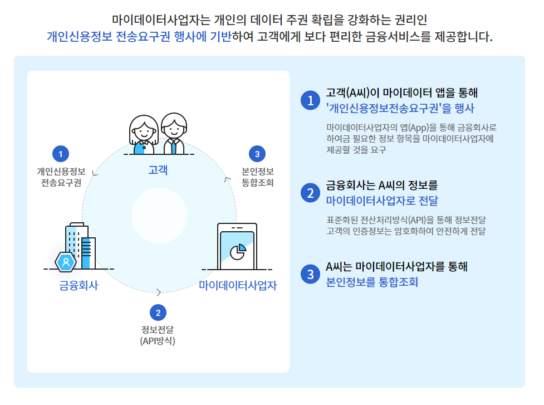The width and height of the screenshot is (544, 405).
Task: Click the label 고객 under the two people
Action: point(158,169)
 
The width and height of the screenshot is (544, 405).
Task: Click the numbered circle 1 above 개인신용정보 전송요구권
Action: point(60,154)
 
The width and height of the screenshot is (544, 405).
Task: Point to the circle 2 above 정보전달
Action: point(158,312)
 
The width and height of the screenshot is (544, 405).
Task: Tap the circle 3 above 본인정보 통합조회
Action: point(257,154)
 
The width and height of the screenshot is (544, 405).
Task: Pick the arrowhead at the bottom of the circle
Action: point(159,292)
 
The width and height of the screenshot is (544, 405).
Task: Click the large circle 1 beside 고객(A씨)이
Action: point(308,100)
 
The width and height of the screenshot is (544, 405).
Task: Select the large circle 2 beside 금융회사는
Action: point(308,193)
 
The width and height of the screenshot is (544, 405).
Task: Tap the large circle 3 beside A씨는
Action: point(308,274)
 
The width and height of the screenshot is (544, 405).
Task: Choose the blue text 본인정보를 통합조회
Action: point(371,282)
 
